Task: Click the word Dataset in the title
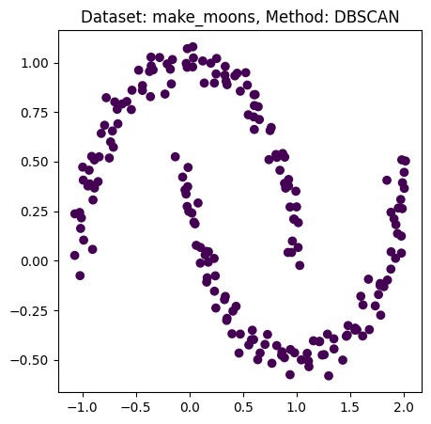[x=108, y=17]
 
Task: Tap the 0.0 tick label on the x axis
[x=190, y=408]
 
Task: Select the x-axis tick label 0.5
[x=243, y=408]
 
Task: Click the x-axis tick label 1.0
[x=297, y=408]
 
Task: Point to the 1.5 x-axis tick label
[x=350, y=408]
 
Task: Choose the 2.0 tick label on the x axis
[x=404, y=408]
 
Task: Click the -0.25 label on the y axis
[x=33, y=310]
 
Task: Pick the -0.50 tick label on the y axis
[x=33, y=360]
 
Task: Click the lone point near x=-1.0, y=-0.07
[x=80, y=275]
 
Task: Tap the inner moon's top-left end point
[x=176, y=157]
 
